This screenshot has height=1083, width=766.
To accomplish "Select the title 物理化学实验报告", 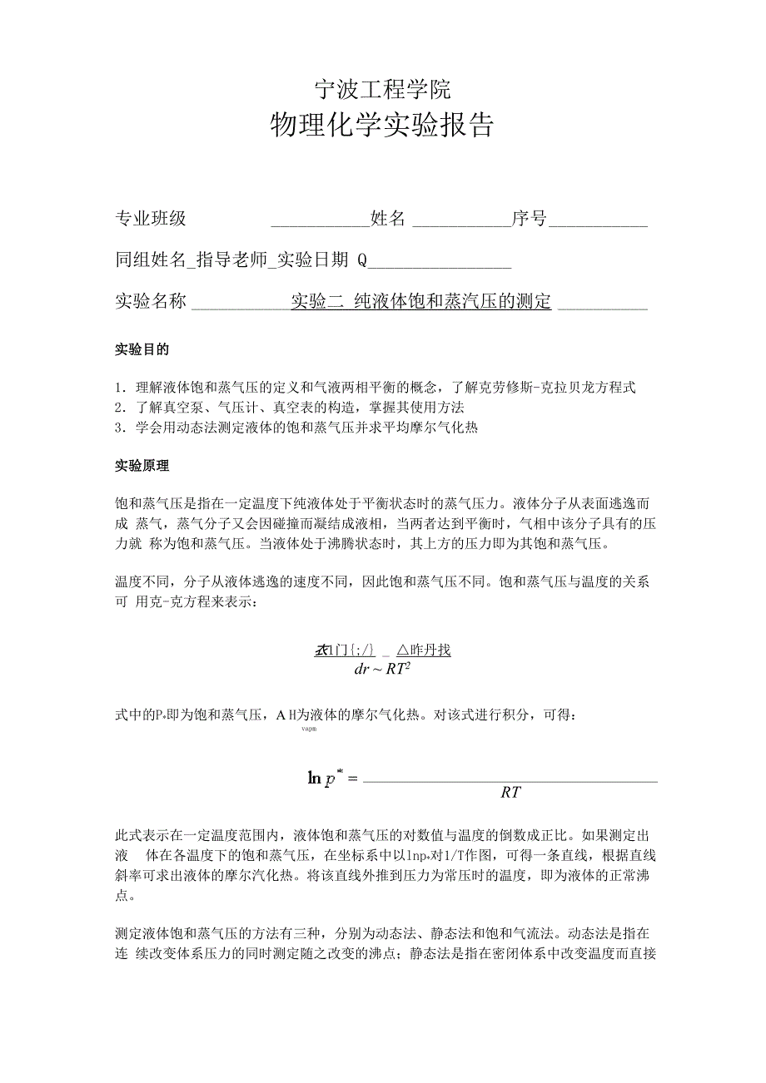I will coord(382,125).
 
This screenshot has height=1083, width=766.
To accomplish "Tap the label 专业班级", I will coord(151,219).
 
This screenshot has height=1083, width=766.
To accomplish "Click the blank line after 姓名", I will coord(461,223).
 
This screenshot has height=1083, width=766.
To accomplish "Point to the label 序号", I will coord(530,219).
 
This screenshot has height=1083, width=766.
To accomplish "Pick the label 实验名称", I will coord(151,301).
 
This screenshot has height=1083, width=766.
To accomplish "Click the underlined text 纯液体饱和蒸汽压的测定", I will coord(453,301).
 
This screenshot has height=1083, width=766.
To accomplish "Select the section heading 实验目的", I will coord(142,349).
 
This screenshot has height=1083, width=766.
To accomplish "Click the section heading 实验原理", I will coord(142,466).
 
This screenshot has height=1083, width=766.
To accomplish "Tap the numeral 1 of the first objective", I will coord(118,388).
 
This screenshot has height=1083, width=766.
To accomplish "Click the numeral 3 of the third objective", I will coord(118,428).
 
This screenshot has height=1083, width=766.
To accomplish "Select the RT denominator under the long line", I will coord(510,793).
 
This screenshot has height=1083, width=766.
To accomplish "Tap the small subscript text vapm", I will coord(308,729).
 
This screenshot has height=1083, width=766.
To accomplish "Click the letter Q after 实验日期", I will coord(362,260).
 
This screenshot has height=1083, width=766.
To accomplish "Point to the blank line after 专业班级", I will coord(320,223).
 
